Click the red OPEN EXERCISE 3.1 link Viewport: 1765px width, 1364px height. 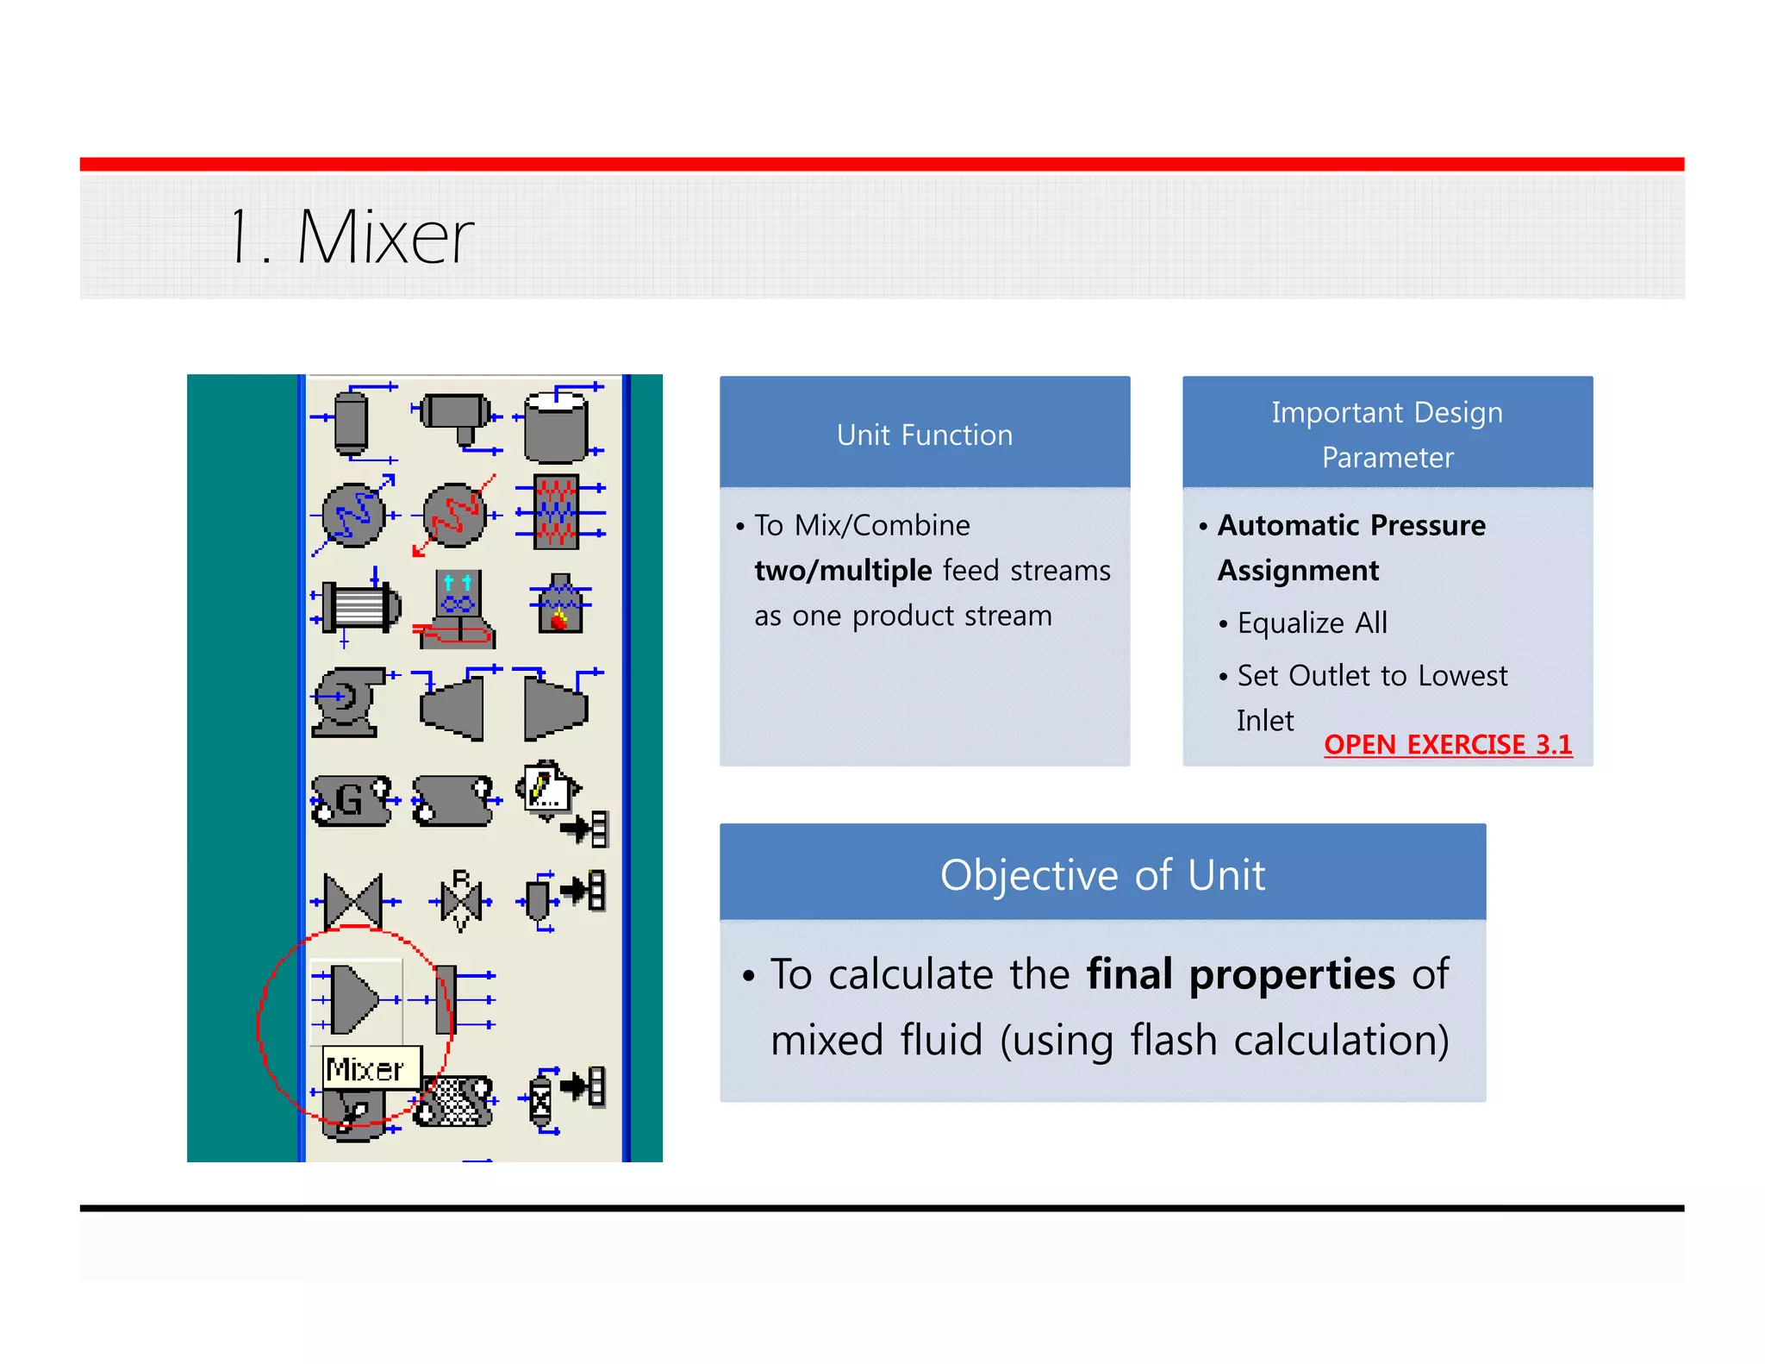coord(1447,744)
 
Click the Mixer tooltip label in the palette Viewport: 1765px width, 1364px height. coord(365,1069)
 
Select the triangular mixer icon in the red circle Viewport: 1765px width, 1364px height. coord(353,999)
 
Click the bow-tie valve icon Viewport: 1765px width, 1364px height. coord(353,901)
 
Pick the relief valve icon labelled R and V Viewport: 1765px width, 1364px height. coord(461,901)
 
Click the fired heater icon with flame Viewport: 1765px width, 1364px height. coord(560,604)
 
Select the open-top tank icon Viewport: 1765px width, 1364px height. coord(557,425)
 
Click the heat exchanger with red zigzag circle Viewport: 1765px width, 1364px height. coord(455,515)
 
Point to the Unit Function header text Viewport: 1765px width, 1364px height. coord(924,435)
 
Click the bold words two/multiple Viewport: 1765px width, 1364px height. coord(843,571)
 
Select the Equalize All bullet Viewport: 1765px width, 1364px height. coord(1312,623)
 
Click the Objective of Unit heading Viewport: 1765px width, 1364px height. coord(1102,874)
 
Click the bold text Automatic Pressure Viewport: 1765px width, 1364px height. coord(1350,525)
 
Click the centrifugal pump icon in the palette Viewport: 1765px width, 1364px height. coord(346,700)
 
